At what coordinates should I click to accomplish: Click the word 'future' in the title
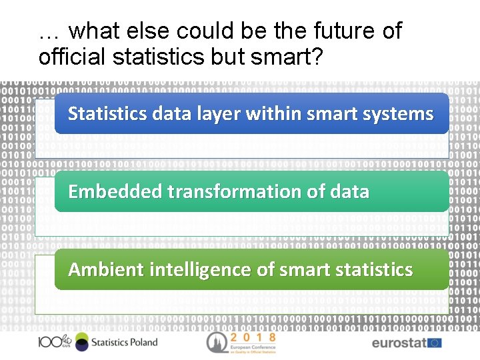point(323,31)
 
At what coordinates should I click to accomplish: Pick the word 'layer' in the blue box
point(219,114)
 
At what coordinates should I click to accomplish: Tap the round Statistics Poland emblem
point(81,342)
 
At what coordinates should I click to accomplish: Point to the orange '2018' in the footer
point(253,338)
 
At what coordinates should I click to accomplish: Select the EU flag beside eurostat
point(435,343)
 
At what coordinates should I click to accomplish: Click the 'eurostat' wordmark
point(399,343)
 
